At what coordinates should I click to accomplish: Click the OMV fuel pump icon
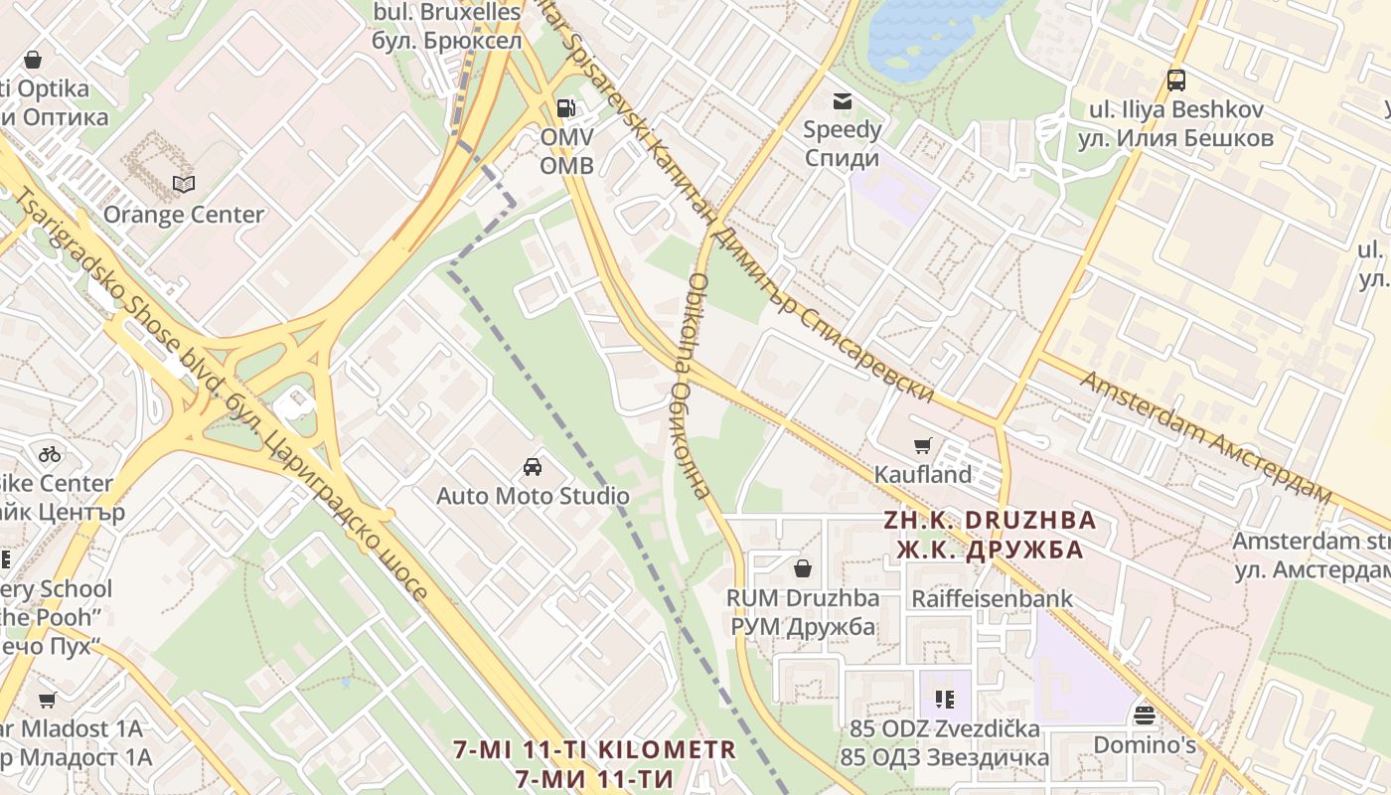point(565,107)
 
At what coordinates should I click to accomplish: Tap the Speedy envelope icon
point(843,100)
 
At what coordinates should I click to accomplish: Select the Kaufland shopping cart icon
point(923,446)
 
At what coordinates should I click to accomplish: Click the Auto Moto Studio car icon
point(533,467)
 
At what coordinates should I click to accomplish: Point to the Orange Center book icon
point(184,184)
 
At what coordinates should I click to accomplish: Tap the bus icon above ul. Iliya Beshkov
point(1176,80)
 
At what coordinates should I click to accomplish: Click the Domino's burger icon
point(1145,715)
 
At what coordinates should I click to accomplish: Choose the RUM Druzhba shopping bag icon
point(803,568)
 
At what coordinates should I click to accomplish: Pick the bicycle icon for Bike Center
point(50,454)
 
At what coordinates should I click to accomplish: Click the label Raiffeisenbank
point(993,598)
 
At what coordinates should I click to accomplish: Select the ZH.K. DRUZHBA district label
point(991,520)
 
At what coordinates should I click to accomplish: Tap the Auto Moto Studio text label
point(534,495)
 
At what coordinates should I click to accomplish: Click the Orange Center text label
point(184,215)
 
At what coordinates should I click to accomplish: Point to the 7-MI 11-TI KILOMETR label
point(595,749)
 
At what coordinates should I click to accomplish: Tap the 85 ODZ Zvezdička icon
point(945,700)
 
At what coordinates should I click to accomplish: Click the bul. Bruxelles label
point(447,13)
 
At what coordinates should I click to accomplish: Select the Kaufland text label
point(923,475)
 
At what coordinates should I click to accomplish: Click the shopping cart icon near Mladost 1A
point(47,700)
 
